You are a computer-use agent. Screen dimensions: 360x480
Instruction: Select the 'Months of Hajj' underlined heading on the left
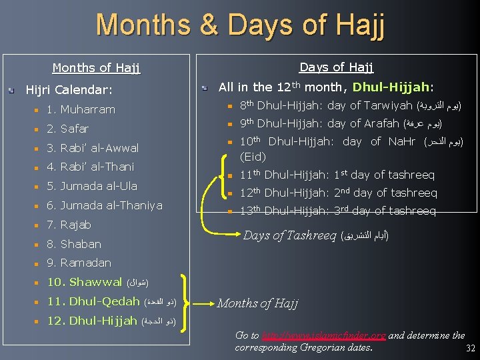[x=96, y=67]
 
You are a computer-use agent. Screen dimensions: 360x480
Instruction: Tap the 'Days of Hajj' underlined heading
[x=336, y=67]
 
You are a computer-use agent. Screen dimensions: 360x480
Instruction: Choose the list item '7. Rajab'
[x=69, y=225]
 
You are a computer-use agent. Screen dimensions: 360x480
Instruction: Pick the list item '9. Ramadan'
[x=79, y=263]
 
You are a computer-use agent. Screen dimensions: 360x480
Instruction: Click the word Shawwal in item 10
[x=95, y=282]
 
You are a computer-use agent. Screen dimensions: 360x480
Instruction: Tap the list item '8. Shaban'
[x=74, y=244]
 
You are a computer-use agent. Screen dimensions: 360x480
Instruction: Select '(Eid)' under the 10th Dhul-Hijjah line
[x=252, y=157]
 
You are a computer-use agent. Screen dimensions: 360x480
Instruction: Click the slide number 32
[x=470, y=349]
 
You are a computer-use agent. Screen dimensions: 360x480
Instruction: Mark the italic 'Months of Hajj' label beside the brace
[x=257, y=304]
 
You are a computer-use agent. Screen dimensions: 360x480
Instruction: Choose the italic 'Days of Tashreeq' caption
[x=289, y=235]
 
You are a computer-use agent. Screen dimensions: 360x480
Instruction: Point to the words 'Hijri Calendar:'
[x=69, y=89]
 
